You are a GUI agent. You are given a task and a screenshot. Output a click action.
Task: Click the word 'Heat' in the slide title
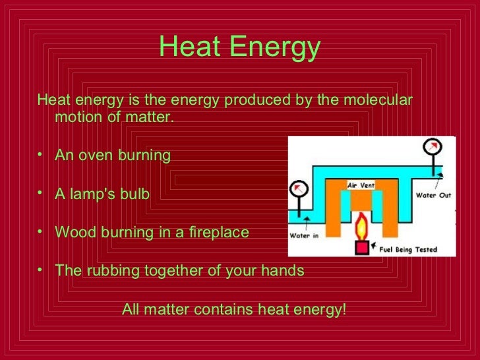point(186,47)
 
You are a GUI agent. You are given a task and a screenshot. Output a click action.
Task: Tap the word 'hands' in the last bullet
point(283,271)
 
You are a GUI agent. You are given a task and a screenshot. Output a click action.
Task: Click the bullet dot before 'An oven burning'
point(42,156)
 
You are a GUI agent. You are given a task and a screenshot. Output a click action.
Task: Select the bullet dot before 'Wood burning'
point(42,233)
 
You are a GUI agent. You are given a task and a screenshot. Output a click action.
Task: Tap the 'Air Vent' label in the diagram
point(361,186)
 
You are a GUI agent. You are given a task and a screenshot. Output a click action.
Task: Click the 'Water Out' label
point(434,195)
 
